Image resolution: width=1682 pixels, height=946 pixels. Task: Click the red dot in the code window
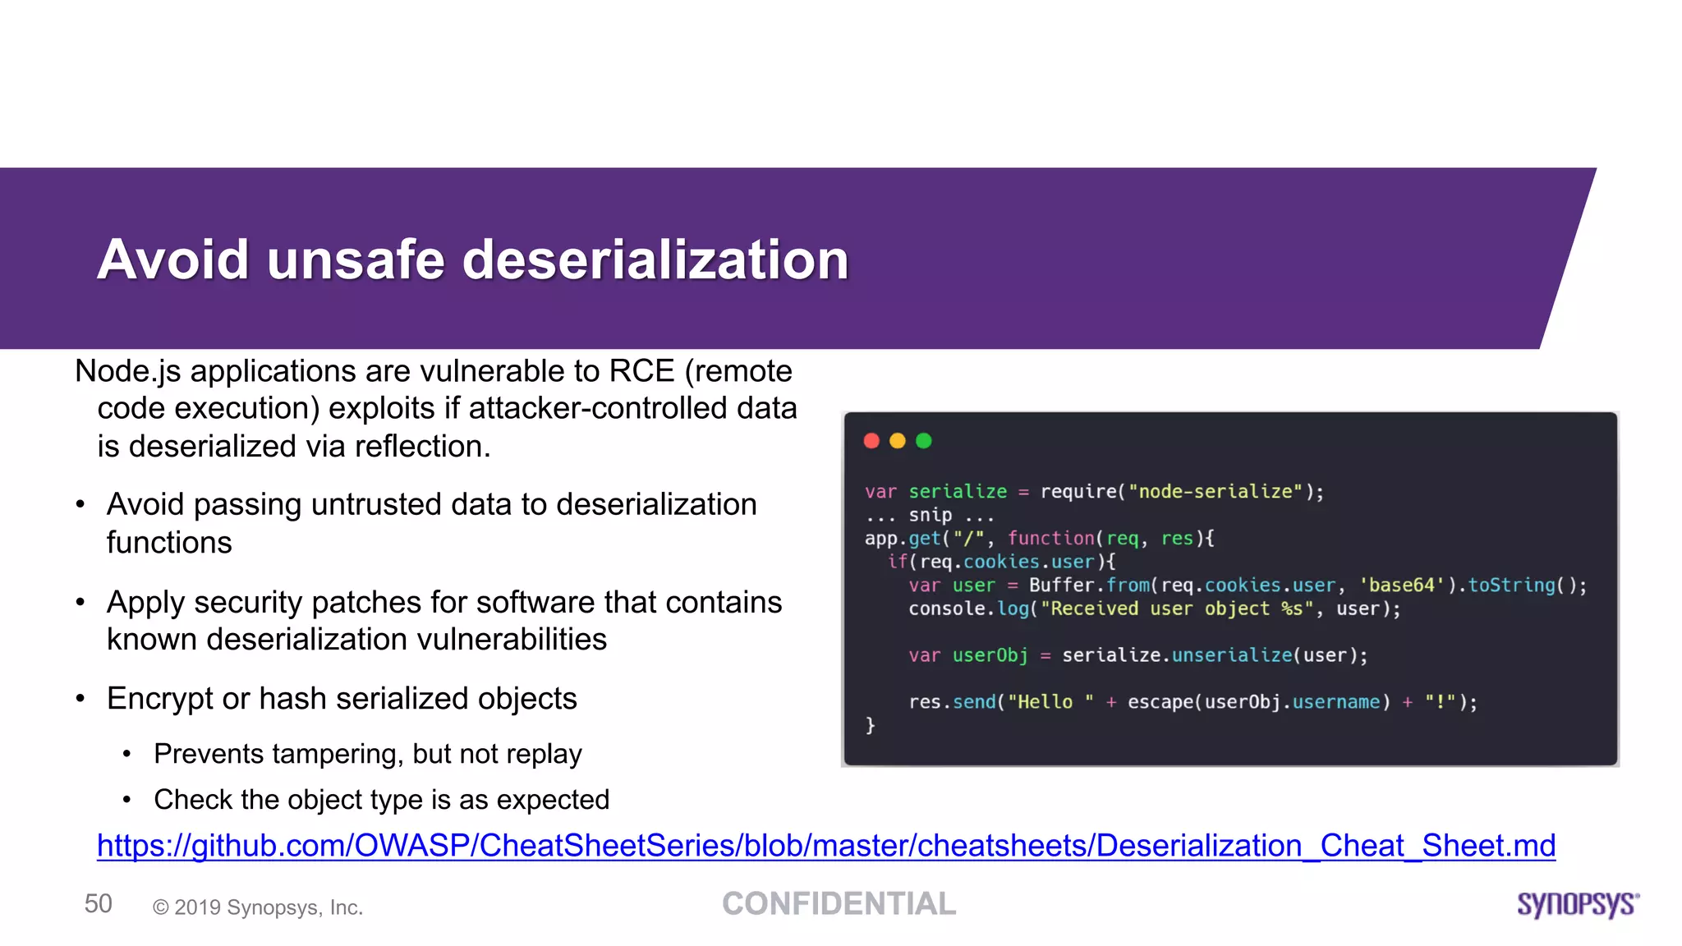coord(871,441)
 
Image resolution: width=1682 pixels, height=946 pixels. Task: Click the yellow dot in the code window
coord(898,441)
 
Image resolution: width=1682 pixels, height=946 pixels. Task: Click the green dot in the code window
coord(924,441)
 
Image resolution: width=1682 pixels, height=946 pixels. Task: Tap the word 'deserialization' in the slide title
coord(655,260)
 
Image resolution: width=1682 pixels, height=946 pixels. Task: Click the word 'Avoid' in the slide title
coord(172,260)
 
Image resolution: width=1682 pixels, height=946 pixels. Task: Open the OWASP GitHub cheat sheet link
coord(826,846)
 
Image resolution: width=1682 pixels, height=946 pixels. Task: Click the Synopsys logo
coord(1578,904)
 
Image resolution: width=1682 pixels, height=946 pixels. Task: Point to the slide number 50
coord(99,904)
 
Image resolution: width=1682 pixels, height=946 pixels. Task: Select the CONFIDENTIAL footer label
coord(839,904)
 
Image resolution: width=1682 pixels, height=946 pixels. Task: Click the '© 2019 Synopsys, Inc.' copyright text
coord(258,907)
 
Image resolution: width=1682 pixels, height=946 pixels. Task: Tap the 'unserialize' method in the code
coord(1232,655)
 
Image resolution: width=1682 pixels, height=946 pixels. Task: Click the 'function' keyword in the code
coord(1051,539)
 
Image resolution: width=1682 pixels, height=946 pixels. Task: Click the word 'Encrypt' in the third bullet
coord(159,699)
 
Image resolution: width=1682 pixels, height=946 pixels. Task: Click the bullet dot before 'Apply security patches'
coord(80,603)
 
